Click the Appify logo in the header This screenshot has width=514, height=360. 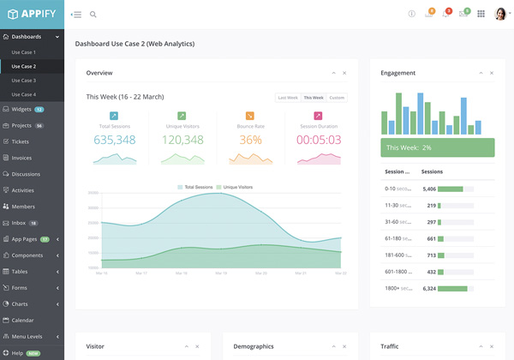32,14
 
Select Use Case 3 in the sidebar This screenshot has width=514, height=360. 23,80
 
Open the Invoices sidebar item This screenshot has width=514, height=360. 21,158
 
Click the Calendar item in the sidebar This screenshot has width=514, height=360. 23,320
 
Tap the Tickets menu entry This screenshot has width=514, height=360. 21,141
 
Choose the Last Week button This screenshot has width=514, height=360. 287,98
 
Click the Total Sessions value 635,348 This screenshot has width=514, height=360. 115,140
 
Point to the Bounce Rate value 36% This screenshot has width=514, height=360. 250,140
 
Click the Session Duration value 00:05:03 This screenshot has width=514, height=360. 319,140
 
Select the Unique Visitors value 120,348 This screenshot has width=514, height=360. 182,140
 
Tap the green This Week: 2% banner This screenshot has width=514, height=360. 438,147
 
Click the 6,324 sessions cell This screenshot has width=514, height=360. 430,289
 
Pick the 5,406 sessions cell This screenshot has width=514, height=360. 430,189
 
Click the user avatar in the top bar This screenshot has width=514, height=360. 500,14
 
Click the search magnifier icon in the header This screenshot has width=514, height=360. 93,15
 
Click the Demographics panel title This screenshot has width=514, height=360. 254,346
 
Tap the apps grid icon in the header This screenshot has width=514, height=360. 481,14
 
